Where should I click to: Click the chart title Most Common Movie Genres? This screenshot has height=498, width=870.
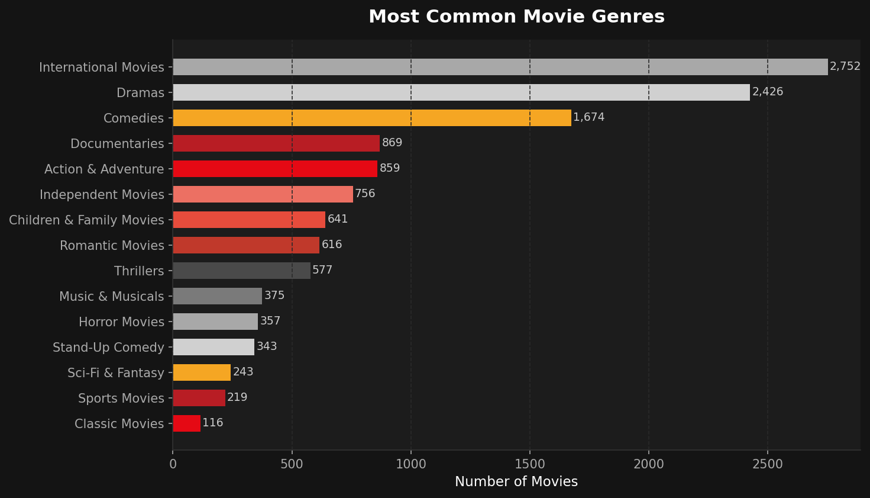point(516,17)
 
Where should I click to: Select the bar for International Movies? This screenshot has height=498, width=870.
point(500,67)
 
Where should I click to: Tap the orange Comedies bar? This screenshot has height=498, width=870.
point(372,118)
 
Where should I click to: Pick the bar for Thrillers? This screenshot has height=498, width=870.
point(241,271)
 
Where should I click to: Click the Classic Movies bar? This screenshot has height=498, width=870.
point(186,423)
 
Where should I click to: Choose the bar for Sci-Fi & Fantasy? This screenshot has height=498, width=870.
point(202,372)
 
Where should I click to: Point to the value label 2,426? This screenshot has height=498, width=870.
point(768,92)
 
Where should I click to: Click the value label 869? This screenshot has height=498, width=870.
point(392,143)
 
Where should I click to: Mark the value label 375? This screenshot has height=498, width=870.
point(274,295)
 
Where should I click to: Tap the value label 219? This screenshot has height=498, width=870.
point(237,397)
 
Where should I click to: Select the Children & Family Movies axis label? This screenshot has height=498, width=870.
point(86,220)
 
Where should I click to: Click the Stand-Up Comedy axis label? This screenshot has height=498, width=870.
point(108,348)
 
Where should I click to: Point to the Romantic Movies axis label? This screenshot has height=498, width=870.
point(112,246)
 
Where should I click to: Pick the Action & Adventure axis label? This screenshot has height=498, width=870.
point(104,169)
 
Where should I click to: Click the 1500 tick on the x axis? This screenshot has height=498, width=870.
point(530,464)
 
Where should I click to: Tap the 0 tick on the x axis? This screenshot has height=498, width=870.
point(173,464)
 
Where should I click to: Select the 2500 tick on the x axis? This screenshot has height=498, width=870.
point(768,464)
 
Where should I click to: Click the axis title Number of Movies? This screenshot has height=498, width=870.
point(516,482)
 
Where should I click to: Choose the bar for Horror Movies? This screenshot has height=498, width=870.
point(215,322)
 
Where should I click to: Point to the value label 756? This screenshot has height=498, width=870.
point(365,194)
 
